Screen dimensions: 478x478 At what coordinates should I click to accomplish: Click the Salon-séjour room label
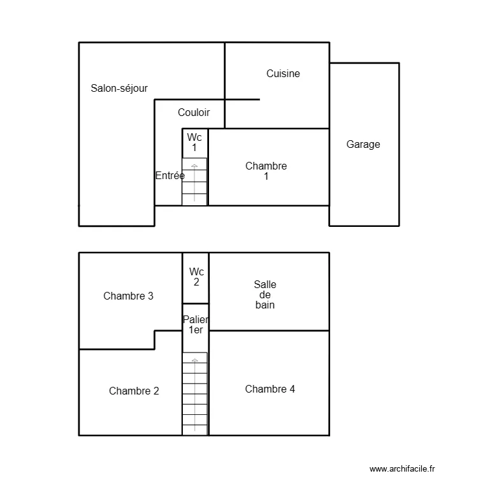[119, 89]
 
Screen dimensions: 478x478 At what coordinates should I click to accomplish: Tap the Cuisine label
[283, 73]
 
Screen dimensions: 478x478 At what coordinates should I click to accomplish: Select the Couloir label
[194, 113]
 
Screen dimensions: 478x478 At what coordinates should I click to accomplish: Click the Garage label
[363, 144]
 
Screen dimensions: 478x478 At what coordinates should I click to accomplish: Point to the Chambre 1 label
[266, 171]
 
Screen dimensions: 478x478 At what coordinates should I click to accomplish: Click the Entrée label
[170, 175]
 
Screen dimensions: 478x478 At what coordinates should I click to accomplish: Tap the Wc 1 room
[194, 142]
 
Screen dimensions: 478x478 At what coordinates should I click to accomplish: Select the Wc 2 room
[196, 277]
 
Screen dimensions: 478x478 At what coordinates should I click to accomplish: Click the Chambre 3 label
[128, 296]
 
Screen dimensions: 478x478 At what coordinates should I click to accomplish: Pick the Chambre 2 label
[134, 391]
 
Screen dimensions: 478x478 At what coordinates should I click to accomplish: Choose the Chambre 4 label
[270, 389]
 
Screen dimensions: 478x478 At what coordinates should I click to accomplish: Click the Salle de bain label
[265, 295]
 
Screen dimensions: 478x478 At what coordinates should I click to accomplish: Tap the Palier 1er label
[196, 324]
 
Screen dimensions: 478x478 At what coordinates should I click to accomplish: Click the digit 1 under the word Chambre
[266, 177]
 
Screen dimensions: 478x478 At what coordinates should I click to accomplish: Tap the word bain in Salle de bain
[265, 305]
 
